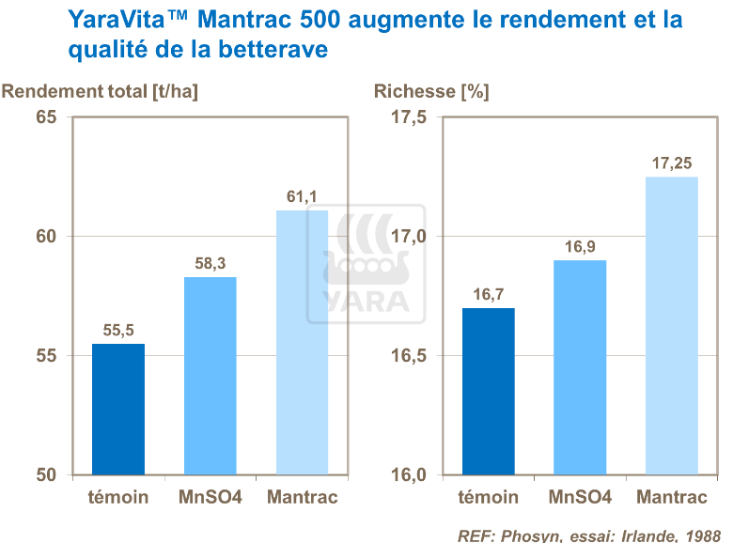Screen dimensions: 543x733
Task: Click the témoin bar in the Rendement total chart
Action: pyautogui.click(x=117, y=409)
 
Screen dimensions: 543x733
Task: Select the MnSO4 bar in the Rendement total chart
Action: pyautogui.click(x=210, y=376)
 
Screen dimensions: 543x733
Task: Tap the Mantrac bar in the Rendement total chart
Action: pyautogui.click(x=302, y=343)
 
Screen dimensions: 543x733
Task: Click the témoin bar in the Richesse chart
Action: pyautogui.click(x=488, y=391)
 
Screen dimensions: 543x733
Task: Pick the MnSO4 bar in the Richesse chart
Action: pyautogui.click(x=580, y=367)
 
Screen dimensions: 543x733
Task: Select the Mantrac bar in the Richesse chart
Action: pyautogui.click(x=672, y=325)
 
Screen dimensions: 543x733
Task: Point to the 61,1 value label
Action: pyautogui.click(x=302, y=196)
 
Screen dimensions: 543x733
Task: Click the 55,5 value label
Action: pyautogui.click(x=117, y=330)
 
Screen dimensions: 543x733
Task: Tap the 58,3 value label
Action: pyautogui.click(x=210, y=263)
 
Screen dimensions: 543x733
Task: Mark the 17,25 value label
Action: pyautogui.click(x=672, y=163)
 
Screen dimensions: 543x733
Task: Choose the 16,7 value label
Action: pyautogui.click(x=488, y=294)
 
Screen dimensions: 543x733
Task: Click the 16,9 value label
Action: pyautogui.click(x=580, y=246)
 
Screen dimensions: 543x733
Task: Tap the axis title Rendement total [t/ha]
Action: pyautogui.click(x=101, y=91)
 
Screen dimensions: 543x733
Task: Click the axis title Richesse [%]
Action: pyautogui.click(x=431, y=91)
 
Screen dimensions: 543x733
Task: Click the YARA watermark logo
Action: pyautogui.click(x=366, y=263)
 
